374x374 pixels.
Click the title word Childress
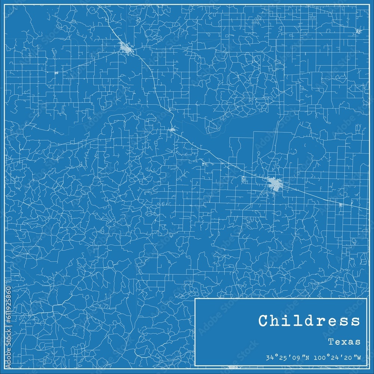coord(309,321)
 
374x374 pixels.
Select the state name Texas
coord(344,341)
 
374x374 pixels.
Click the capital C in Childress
coord(263,321)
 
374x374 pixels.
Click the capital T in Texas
coord(331,341)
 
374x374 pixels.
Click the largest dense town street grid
coord(275,184)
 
